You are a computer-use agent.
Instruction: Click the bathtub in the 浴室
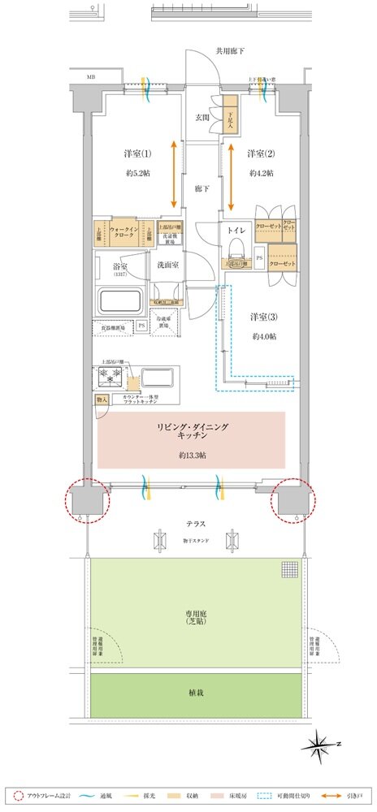pyautogui.click(x=120, y=302)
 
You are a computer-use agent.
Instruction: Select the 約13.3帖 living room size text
pyautogui.click(x=192, y=456)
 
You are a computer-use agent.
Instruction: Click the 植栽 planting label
pyautogui.click(x=192, y=695)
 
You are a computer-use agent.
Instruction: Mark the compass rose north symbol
pyautogui.click(x=323, y=743)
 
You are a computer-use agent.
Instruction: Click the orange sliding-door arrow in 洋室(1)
pyautogui.click(x=175, y=175)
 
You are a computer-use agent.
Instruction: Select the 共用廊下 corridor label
pyautogui.click(x=229, y=51)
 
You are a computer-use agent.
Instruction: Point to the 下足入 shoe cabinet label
pyautogui.click(x=230, y=119)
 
